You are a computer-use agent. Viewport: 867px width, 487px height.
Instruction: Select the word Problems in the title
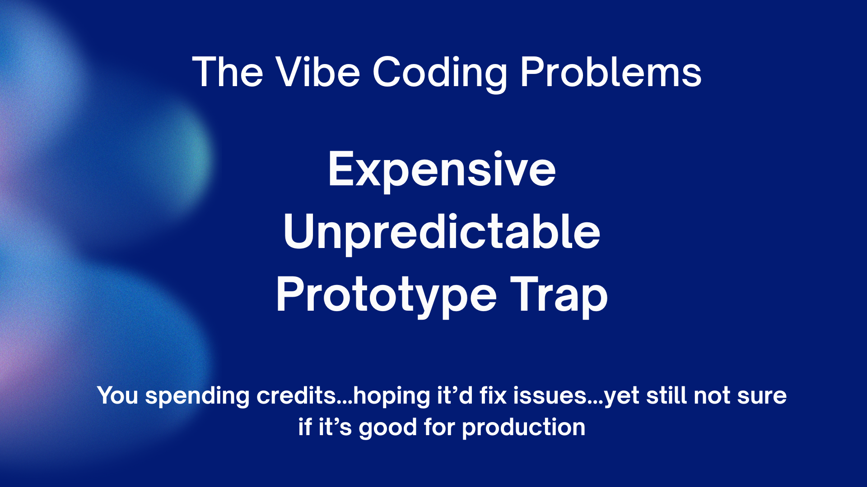[x=611, y=72]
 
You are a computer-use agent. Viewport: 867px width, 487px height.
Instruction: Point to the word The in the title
[x=228, y=72]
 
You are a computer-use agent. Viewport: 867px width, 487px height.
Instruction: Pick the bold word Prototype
[x=387, y=296]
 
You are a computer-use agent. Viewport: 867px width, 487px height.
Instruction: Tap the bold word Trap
[x=559, y=296]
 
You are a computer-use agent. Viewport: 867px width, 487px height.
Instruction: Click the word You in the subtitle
[x=117, y=395]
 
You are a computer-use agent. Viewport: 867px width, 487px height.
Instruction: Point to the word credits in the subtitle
[x=296, y=395]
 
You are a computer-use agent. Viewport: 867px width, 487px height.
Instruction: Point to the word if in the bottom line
[x=305, y=427]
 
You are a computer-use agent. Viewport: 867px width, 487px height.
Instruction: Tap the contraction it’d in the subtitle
[x=455, y=395]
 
